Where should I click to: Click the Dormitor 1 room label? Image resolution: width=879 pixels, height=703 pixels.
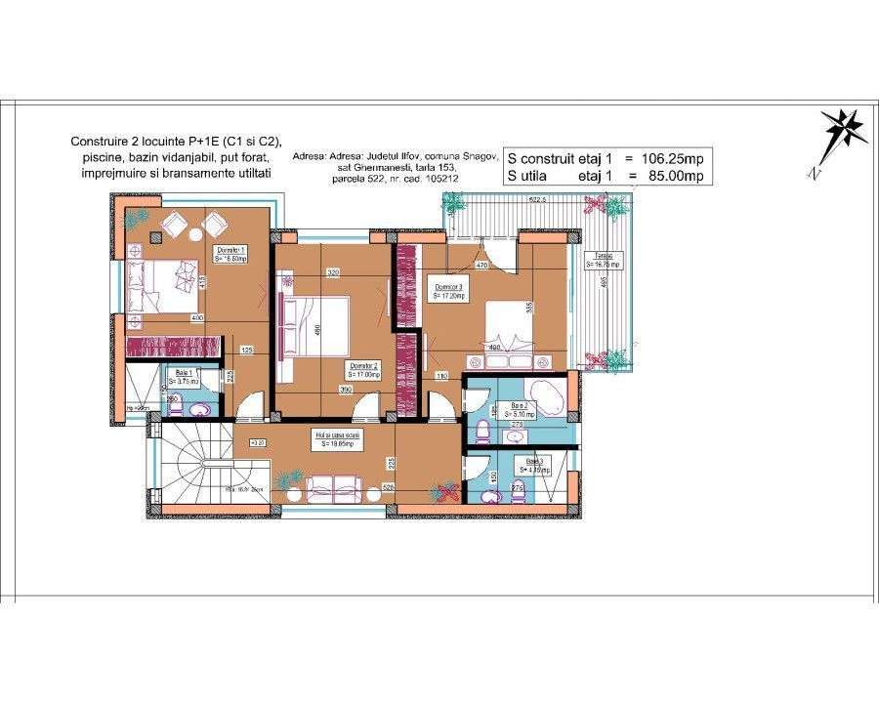230,253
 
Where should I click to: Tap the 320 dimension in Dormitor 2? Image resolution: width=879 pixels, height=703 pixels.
333,272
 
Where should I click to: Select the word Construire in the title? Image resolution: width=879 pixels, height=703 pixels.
101,142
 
